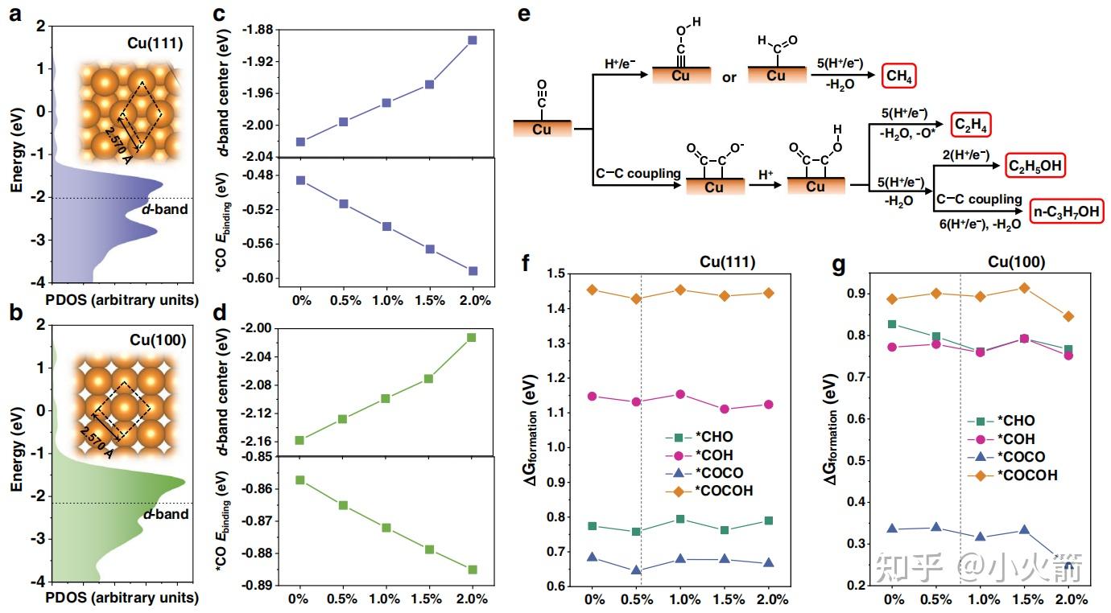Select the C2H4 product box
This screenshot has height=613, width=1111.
point(970,125)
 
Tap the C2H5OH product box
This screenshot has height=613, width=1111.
point(1035,166)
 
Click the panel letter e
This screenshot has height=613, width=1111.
point(524,14)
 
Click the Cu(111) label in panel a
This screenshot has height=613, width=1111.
point(156,43)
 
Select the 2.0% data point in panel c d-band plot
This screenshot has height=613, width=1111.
point(473,39)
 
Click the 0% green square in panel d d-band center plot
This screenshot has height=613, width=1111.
point(300,440)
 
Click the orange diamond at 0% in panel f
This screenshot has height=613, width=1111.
point(593,290)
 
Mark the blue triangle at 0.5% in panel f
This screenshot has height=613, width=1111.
point(636,571)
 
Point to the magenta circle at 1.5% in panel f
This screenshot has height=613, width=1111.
point(725,409)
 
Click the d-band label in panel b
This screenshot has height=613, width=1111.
point(167,514)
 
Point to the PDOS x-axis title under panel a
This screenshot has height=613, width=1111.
point(122,300)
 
